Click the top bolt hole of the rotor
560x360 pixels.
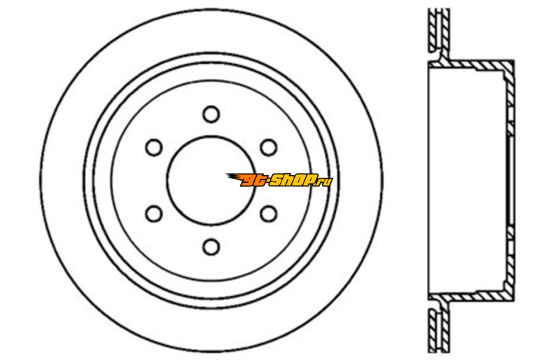211,114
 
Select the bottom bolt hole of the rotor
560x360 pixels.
211,247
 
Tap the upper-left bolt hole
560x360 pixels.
154,147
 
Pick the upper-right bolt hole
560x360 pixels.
269,147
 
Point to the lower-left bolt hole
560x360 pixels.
154,214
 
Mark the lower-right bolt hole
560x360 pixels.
269,214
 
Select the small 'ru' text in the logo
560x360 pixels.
325,181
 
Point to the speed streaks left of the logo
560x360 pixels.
234,178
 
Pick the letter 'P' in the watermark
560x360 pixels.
311,180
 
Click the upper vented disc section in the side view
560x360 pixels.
439,30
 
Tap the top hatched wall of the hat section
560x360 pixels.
471,64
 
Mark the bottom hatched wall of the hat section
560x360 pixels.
471,296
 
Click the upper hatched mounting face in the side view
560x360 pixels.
510,104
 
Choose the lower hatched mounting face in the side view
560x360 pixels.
510,258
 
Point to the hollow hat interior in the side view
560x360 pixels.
467,181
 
